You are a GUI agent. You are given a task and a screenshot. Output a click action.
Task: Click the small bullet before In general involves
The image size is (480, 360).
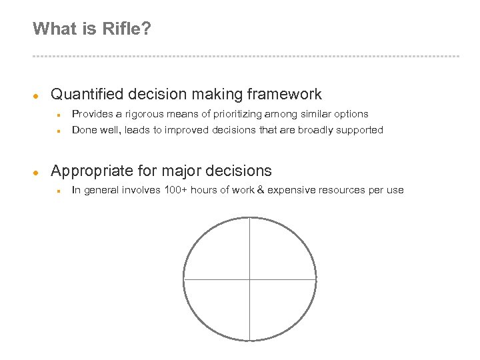[x=59, y=191]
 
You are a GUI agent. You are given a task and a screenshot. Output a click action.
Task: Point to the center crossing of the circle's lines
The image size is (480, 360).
[x=249, y=279]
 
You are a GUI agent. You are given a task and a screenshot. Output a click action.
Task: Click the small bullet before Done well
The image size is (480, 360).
[x=59, y=131]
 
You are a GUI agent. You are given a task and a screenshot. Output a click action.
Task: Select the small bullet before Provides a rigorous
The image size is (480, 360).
[x=59, y=115]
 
